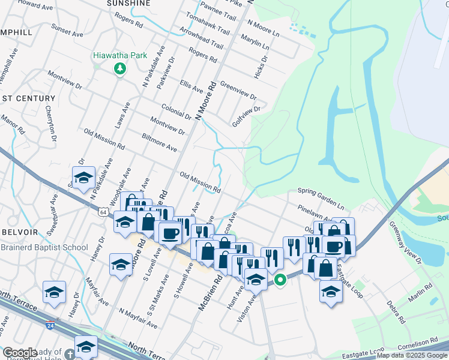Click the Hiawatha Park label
coord(120,55)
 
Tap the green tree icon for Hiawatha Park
coord(120,68)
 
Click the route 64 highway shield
coord(104,212)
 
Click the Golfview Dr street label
coord(246,117)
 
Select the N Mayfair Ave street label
coord(139,318)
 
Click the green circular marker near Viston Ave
coord(280,280)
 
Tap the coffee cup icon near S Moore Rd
coord(170,233)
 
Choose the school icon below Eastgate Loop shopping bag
coord(331,292)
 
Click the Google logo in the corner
coord(19,353)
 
